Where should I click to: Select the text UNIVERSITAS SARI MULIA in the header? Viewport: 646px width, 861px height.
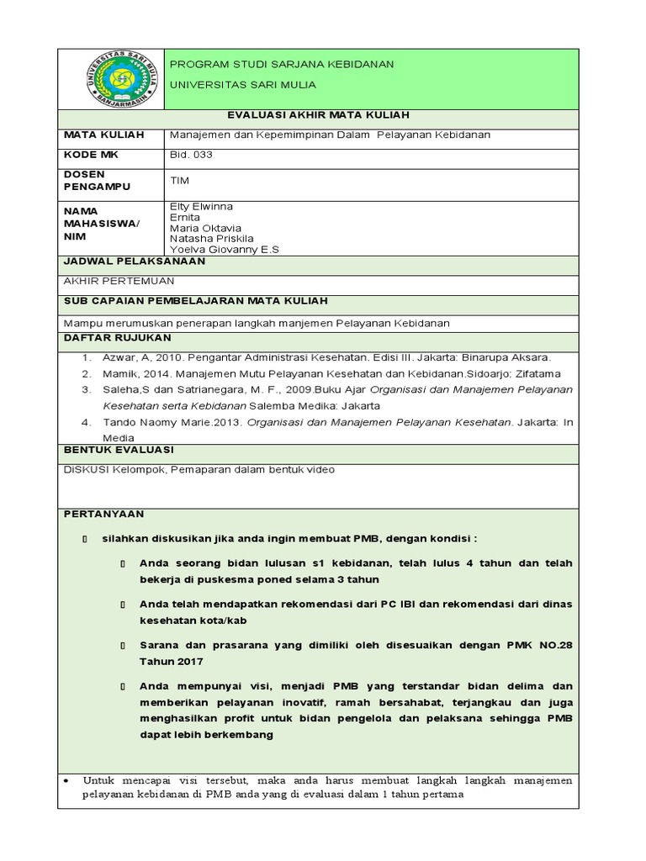[x=243, y=86]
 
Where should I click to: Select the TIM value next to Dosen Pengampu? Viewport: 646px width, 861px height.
[x=179, y=180]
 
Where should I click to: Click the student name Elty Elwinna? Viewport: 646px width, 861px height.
[x=203, y=207]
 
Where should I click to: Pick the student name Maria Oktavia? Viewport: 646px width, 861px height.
[x=205, y=228]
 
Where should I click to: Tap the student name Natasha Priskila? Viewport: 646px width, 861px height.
[x=211, y=239]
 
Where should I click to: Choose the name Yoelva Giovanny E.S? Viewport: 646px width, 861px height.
[x=224, y=250]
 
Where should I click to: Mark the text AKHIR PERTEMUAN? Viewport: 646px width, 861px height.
[x=119, y=282]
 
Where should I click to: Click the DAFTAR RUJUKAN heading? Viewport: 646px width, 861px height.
[x=117, y=337]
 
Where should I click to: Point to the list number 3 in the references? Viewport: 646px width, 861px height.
[x=85, y=389]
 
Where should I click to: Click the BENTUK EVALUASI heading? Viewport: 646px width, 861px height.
[x=119, y=450]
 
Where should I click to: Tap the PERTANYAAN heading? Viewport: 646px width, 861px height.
[x=104, y=514]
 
